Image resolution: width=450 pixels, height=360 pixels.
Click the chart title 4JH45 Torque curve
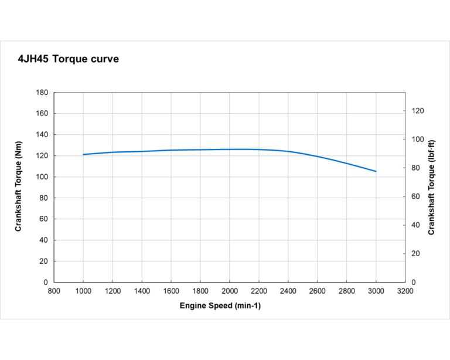tap(69, 59)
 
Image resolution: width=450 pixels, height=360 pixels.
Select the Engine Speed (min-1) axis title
tap(220, 306)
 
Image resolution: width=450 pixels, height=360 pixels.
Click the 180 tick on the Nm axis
tap(42, 93)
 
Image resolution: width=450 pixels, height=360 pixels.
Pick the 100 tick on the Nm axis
tap(42, 177)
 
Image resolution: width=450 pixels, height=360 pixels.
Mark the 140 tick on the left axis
tap(42, 135)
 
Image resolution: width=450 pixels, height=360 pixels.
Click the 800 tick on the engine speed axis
tap(54, 291)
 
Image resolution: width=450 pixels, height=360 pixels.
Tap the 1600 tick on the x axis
tap(171, 291)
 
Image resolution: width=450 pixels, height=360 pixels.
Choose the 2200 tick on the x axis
tap(259, 291)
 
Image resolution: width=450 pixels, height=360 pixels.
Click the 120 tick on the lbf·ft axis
tap(417, 111)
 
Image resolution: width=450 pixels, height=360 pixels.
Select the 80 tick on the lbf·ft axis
tap(415, 168)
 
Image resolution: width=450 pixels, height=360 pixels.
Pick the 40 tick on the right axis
tap(415, 225)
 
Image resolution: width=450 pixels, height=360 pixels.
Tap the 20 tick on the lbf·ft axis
tap(415, 254)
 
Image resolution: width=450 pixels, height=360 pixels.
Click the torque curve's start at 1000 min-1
tap(83, 154)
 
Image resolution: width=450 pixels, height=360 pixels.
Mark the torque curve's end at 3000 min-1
tap(376, 171)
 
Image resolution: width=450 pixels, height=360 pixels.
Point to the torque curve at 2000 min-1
tap(230, 150)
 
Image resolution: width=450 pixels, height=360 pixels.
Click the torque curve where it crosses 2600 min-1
tap(318, 157)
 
